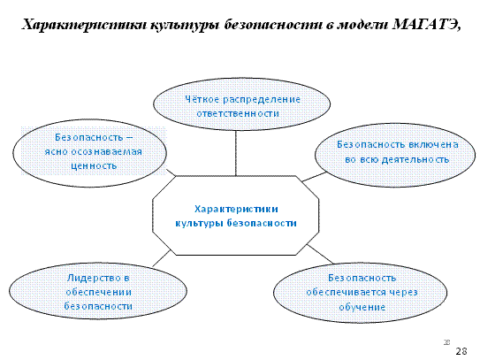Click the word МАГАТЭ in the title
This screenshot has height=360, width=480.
coord(426,25)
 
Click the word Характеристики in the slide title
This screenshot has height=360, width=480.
coord(84,25)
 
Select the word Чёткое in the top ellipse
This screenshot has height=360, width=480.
coord(202,99)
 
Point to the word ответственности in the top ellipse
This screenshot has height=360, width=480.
coord(238,113)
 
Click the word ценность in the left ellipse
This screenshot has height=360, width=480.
coord(94,165)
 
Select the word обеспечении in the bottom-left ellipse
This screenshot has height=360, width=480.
coord(99,292)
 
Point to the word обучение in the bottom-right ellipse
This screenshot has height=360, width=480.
coord(362,307)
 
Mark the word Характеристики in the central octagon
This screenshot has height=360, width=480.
coord(236,209)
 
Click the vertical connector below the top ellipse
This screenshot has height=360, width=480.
coord(236,153)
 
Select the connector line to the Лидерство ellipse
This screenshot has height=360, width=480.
coord(162,258)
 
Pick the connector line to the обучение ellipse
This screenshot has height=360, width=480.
coord(320,254)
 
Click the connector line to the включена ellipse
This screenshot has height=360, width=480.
coord(314,177)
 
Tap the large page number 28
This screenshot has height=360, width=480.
coord(461,351)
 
